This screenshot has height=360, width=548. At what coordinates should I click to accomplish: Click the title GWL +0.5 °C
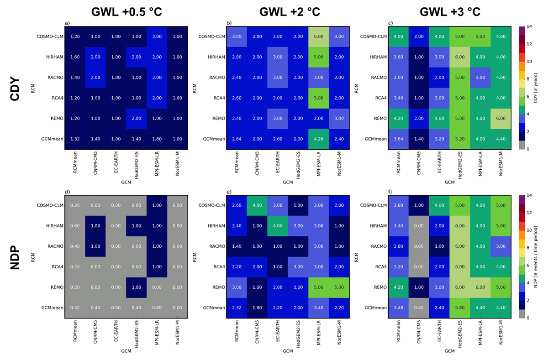[126, 12]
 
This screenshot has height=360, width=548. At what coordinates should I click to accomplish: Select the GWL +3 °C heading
[450, 12]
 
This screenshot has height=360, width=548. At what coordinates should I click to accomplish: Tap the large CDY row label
[15, 89]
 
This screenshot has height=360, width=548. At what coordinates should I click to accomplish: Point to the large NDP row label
[15, 257]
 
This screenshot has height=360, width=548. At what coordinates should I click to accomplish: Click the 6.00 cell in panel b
[319, 37]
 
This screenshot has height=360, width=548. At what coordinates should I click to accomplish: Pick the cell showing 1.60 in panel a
[75, 57]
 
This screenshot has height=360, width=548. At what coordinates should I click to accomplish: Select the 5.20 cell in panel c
[460, 139]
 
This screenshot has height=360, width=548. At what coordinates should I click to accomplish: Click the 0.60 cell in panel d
[75, 226]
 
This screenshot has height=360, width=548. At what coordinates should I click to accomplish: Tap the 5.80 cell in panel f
[460, 308]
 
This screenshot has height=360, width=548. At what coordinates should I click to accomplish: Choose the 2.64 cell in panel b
[237, 139]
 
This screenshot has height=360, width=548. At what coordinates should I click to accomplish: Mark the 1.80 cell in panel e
[257, 308]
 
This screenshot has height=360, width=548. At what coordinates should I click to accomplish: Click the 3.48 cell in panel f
[398, 308]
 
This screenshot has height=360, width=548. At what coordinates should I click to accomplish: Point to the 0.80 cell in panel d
[157, 308]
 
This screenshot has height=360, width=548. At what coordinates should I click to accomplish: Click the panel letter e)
[229, 192]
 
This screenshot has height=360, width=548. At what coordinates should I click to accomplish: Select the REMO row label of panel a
[57, 119]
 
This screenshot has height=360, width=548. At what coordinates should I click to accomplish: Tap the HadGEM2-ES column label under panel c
[460, 165]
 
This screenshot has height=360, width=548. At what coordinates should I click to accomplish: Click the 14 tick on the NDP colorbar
[529, 195]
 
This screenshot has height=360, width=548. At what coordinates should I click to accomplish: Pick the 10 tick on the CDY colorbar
[529, 61]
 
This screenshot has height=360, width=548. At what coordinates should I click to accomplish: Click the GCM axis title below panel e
[288, 351]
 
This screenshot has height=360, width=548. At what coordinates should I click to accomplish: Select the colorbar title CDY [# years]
[536, 88]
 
